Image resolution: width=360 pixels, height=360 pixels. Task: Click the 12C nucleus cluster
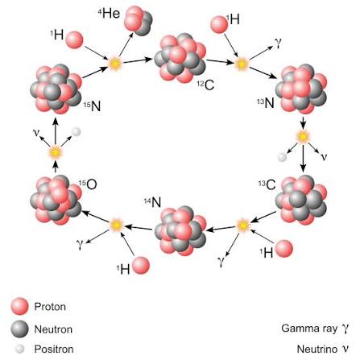(x=180, y=58)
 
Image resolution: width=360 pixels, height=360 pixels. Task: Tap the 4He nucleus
(x=139, y=21)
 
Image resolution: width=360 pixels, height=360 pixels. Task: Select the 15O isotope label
(x=88, y=184)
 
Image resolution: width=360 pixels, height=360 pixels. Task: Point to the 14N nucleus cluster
(x=180, y=231)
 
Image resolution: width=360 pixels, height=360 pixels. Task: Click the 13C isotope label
(x=267, y=184)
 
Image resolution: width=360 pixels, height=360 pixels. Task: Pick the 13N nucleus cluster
(x=301, y=89)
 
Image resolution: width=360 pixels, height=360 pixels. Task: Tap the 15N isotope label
(x=92, y=106)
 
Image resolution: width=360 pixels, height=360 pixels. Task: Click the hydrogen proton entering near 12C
(x=219, y=24)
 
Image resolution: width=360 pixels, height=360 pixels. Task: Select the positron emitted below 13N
(x=282, y=157)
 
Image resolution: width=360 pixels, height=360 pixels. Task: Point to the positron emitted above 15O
(x=77, y=131)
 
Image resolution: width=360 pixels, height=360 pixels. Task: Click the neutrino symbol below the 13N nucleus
(x=325, y=157)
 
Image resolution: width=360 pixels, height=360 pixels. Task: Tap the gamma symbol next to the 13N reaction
(x=278, y=43)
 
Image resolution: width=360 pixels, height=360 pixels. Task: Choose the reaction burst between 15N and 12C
(x=115, y=64)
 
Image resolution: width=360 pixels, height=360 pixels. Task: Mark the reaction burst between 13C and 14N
(x=243, y=226)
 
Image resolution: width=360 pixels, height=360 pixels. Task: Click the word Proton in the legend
(x=50, y=307)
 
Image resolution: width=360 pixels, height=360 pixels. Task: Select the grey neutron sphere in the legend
(x=19, y=329)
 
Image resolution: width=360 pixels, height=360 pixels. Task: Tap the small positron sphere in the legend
(x=19, y=349)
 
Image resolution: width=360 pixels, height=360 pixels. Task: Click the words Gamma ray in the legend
(x=309, y=328)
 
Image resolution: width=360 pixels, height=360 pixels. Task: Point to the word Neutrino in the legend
(x=317, y=349)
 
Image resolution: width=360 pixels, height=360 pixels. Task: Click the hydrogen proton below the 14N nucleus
(x=141, y=266)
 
